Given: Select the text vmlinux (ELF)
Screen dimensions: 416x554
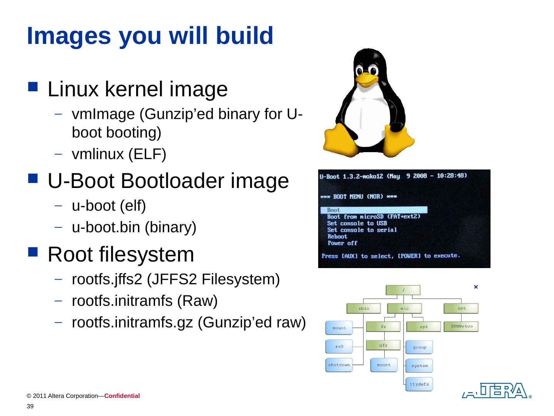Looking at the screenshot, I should (x=119, y=154).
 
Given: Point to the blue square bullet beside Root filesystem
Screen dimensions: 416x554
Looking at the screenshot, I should (x=33, y=253).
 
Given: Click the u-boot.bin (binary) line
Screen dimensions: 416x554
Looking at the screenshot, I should (x=134, y=227).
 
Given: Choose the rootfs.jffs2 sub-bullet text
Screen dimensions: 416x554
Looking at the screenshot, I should (x=175, y=279).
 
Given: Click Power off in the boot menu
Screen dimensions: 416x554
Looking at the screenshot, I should (x=342, y=243).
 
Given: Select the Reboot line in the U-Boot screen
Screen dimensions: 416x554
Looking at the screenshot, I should (x=337, y=237).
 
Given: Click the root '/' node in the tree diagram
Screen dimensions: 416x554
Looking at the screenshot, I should (x=403, y=290).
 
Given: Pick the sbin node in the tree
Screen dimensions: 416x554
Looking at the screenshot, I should (x=364, y=308).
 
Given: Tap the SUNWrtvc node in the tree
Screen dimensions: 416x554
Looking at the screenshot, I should (x=461, y=327).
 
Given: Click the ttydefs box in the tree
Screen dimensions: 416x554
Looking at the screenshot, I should (x=419, y=384).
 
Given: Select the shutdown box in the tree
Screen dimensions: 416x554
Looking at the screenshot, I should (x=339, y=365).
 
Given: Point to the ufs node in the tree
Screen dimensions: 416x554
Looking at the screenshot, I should (x=383, y=345).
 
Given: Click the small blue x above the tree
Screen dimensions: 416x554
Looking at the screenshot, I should (x=476, y=287).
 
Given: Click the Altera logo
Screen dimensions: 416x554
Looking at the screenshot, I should (x=495, y=391).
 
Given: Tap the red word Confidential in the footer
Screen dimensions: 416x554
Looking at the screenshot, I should (x=122, y=396).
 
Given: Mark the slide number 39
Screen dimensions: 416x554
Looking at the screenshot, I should (x=30, y=407).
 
